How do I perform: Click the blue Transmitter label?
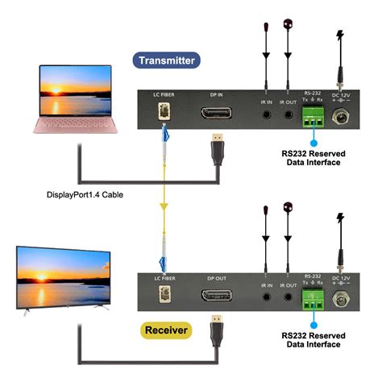167,60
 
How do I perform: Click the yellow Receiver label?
167,329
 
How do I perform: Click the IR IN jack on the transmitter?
265,114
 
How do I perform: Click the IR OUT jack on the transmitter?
288,114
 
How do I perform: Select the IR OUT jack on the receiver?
288,297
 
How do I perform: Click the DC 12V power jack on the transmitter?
343,118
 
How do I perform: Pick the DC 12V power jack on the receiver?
343,301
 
